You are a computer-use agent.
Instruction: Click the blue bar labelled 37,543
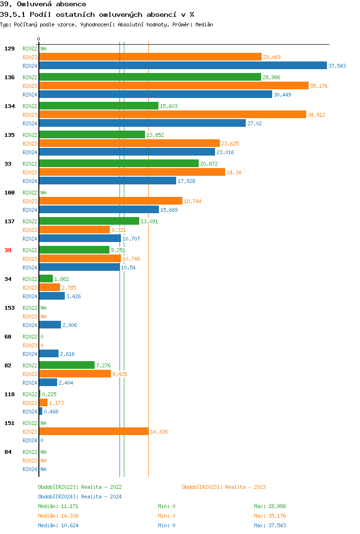pos(182,66)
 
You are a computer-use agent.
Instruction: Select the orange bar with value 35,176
pos(173,86)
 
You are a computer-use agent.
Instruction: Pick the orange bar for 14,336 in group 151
pos(94,432)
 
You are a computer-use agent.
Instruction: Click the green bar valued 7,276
pos(67,365)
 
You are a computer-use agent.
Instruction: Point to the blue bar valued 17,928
pos(108,181)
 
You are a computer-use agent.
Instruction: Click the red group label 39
pos(8,250)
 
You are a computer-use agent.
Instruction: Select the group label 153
pos(9,308)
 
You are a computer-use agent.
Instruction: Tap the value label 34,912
pos(316,115)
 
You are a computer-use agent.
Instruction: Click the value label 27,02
pos(255,123)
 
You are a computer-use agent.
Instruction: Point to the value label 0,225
pos(49,394)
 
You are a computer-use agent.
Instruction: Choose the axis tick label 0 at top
pos(39,39)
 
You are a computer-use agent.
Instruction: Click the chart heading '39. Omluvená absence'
pos(43,4)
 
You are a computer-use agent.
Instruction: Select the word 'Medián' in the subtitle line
pos(204,24)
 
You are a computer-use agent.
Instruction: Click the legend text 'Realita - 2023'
pos(245,487)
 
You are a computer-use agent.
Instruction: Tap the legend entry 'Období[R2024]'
pos(58,497)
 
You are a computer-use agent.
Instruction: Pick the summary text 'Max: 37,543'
pos(270,525)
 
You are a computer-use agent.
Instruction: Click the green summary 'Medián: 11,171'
pos(58,506)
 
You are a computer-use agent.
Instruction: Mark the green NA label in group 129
pos(43,49)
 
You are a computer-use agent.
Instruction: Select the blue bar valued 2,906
pos(50,325)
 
